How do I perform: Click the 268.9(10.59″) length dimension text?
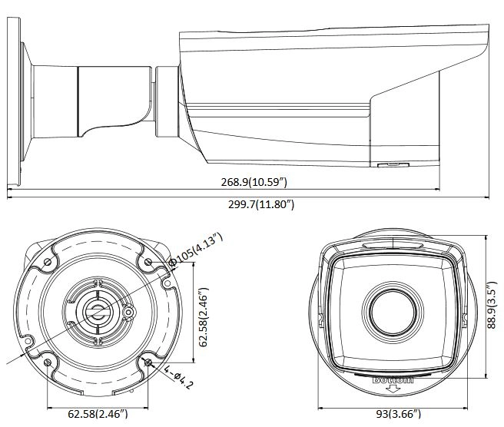(x=254, y=182)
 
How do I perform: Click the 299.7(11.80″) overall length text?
(x=261, y=204)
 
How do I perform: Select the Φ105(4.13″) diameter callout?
(x=196, y=250)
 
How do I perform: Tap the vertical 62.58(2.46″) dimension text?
(x=204, y=317)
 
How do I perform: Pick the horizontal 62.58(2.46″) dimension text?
(x=98, y=413)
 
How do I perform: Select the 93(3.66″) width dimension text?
(x=398, y=414)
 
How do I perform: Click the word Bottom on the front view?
(x=393, y=380)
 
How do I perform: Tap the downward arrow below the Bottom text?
(x=393, y=389)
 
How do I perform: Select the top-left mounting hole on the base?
(x=48, y=262)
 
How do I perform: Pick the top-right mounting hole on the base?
(x=148, y=262)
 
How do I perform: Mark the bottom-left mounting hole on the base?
(x=48, y=362)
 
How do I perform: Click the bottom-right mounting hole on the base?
(x=148, y=362)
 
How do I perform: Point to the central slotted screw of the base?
(x=98, y=311)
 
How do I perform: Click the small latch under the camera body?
(x=393, y=165)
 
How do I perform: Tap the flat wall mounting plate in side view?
(x=14, y=102)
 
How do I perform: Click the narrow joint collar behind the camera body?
(x=167, y=102)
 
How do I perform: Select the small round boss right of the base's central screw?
(x=129, y=312)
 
